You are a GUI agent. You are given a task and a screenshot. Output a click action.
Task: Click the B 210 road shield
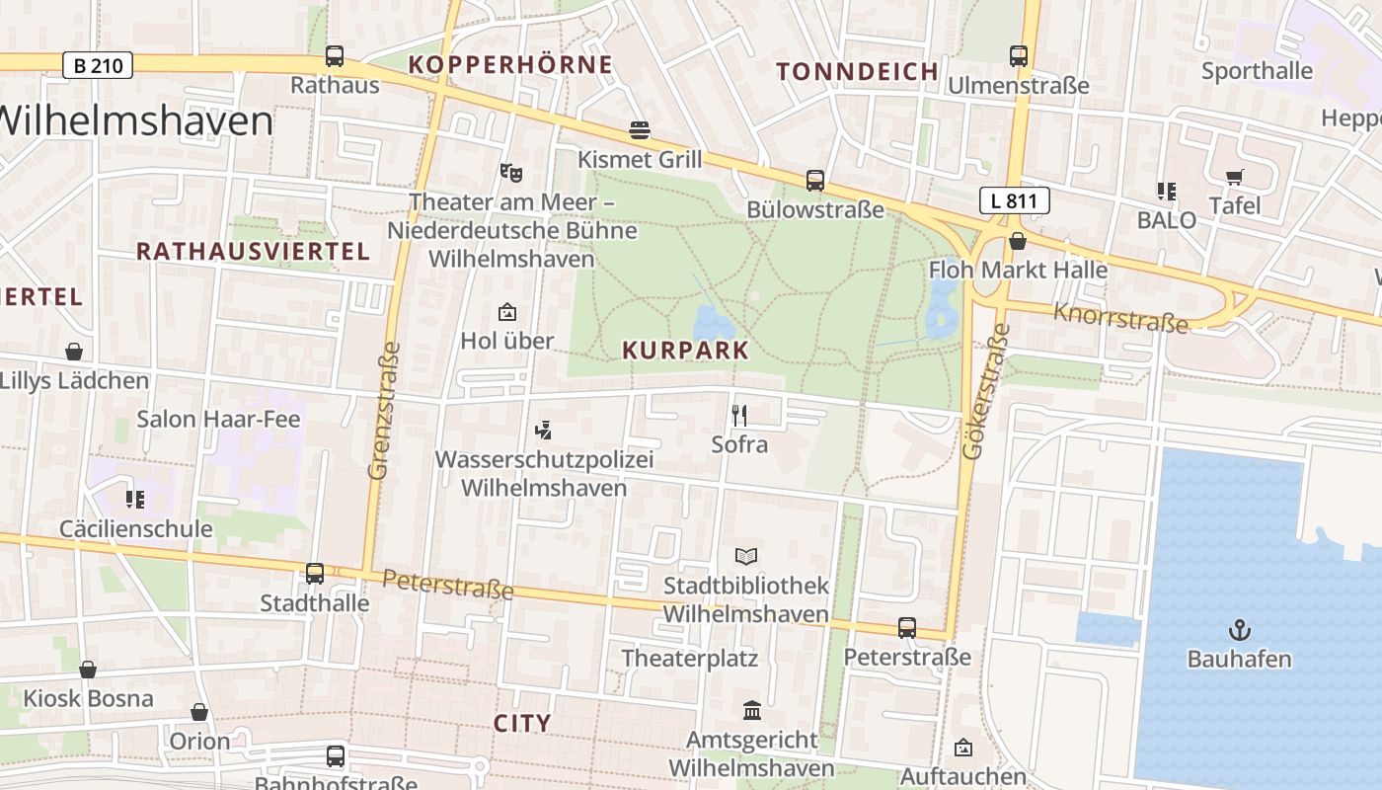[98, 66]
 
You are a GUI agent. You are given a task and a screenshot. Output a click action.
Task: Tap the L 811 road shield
[1014, 201]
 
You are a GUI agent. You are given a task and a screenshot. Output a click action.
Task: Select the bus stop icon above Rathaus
[335, 56]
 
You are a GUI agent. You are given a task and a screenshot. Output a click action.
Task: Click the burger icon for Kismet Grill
[640, 130]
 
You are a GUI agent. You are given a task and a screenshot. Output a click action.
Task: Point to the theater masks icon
[510, 173]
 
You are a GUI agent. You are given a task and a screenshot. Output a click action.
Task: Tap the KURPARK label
[686, 351]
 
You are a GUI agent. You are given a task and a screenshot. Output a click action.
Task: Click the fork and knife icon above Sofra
[739, 416]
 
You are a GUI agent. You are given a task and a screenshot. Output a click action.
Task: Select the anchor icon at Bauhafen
[1239, 629]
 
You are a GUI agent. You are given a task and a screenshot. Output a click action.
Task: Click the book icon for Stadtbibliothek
[746, 557]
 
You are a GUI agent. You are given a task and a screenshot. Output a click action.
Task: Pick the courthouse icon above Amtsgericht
[752, 710]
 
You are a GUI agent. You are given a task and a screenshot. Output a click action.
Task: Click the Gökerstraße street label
[982, 390]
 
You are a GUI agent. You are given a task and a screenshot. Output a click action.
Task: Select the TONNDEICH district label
[857, 71]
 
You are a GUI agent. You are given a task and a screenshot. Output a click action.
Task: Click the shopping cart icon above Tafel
[1235, 177]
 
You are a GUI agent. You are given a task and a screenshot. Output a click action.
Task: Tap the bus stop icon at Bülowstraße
[814, 181]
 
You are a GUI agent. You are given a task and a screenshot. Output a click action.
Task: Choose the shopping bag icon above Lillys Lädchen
[74, 352]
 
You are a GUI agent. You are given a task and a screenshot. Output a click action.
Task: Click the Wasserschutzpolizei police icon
[542, 430]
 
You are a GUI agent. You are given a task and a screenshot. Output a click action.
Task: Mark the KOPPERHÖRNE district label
[510, 65]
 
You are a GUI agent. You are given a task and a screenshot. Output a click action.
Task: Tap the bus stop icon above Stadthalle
[315, 573]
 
